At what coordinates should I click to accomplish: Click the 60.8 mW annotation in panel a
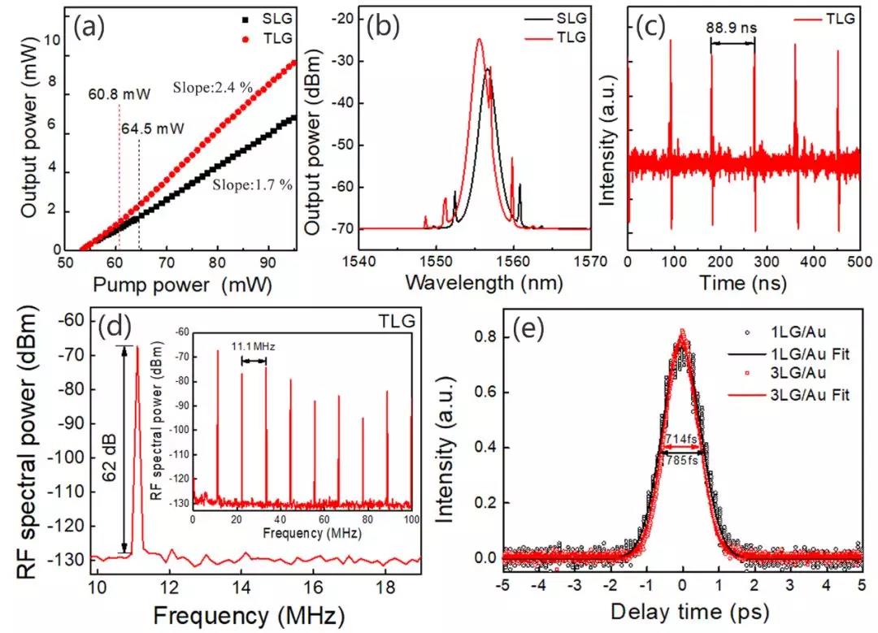(x=119, y=94)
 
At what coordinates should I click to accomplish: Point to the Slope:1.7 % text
(x=248, y=184)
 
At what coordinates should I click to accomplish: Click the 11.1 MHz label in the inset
(x=258, y=346)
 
